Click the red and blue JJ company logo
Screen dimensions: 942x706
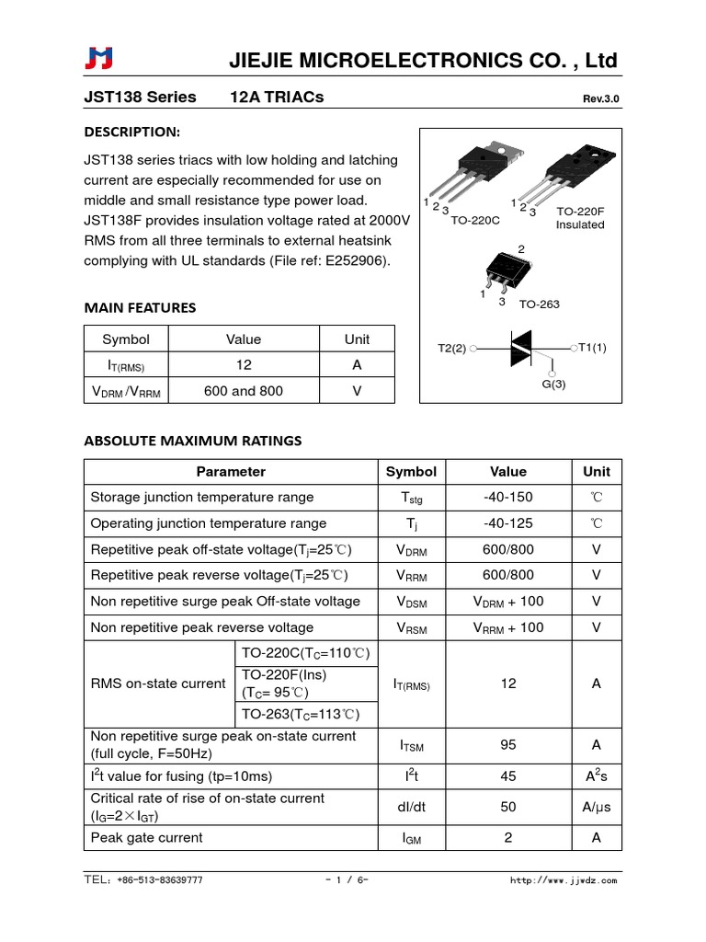[99, 59]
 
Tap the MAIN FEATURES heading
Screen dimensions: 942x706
[140, 307]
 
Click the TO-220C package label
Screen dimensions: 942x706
[475, 220]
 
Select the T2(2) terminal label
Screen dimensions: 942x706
[451, 349]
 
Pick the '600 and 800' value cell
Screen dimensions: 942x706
[243, 391]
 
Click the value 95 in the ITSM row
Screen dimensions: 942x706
[508, 745]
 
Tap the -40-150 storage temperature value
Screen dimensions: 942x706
[508, 498]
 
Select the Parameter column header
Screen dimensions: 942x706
[231, 472]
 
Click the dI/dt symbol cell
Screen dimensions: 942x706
[411, 807]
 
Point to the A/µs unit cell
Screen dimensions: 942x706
[596, 807]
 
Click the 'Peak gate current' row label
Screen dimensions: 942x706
[147, 838]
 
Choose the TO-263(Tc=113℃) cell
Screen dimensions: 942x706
[300, 715]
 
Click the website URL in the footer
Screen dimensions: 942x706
[564, 880]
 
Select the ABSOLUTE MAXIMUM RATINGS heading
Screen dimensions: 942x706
[192, 441]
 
